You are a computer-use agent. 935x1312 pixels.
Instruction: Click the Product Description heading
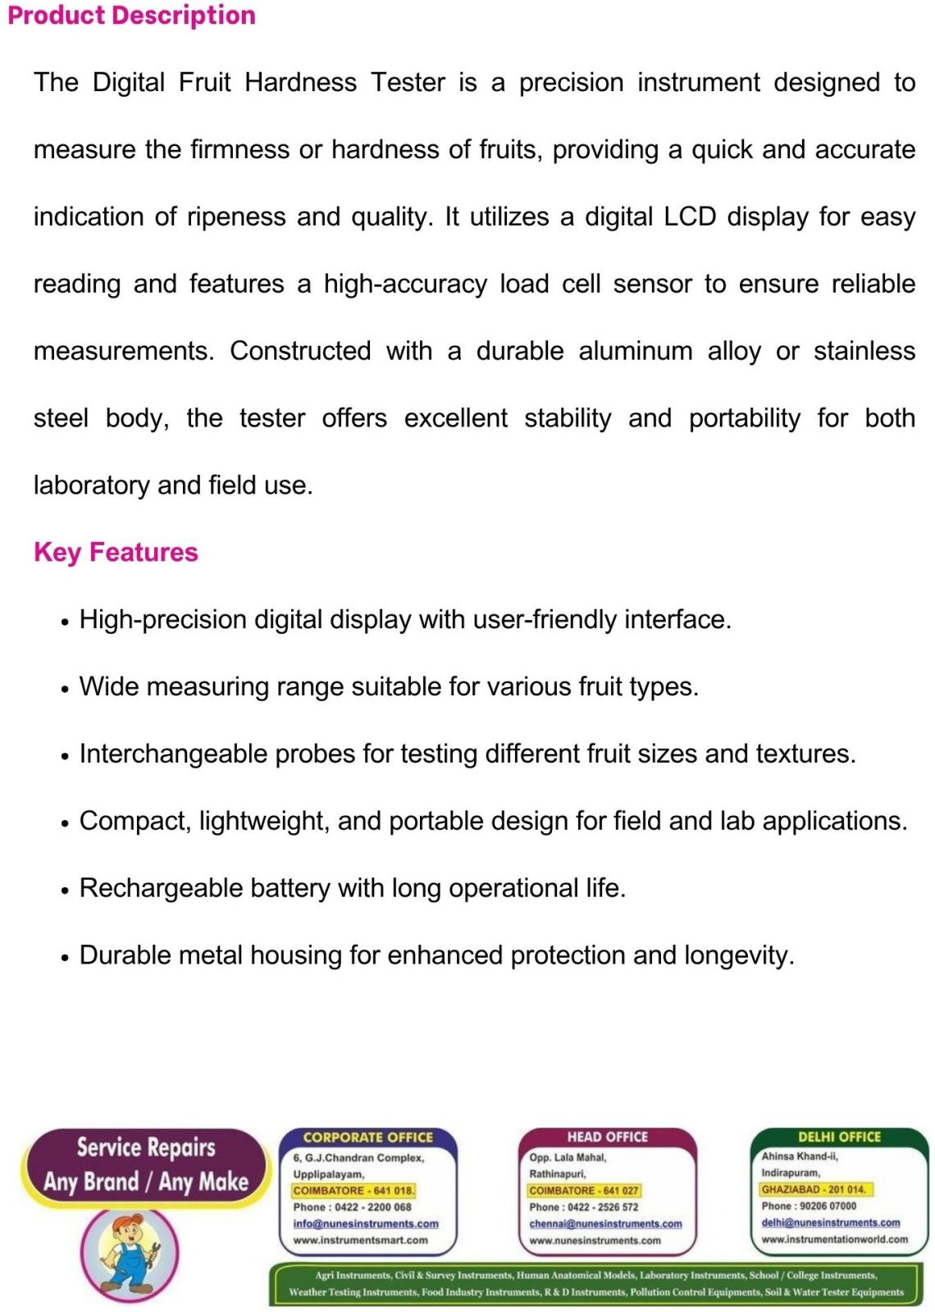tap(131, 16)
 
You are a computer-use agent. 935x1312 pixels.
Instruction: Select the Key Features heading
tap(116, 552)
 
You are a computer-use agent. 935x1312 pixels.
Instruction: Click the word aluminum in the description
tap(636, 351)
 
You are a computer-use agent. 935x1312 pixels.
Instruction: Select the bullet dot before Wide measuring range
tap(65, 689)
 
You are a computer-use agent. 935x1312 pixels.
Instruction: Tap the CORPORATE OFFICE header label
tap(367, 1137)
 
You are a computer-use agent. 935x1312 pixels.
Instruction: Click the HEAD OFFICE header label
tap(607, 1137)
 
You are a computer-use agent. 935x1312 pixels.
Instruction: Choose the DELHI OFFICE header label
tap(839, 1137)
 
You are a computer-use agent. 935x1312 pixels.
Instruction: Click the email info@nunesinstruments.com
tap(366, 1223)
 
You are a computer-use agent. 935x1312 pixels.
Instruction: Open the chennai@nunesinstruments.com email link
tap(605, 1223)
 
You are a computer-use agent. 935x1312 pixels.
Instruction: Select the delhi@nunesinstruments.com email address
tap(830, 1222)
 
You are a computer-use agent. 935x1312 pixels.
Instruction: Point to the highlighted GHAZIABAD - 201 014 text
tap(814, 1189)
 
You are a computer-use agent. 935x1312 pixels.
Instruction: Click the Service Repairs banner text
tap(146, 1147)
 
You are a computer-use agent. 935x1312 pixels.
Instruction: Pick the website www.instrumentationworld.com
tap(834, 1239)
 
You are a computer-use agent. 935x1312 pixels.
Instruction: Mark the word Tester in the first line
tap(408, 82)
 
